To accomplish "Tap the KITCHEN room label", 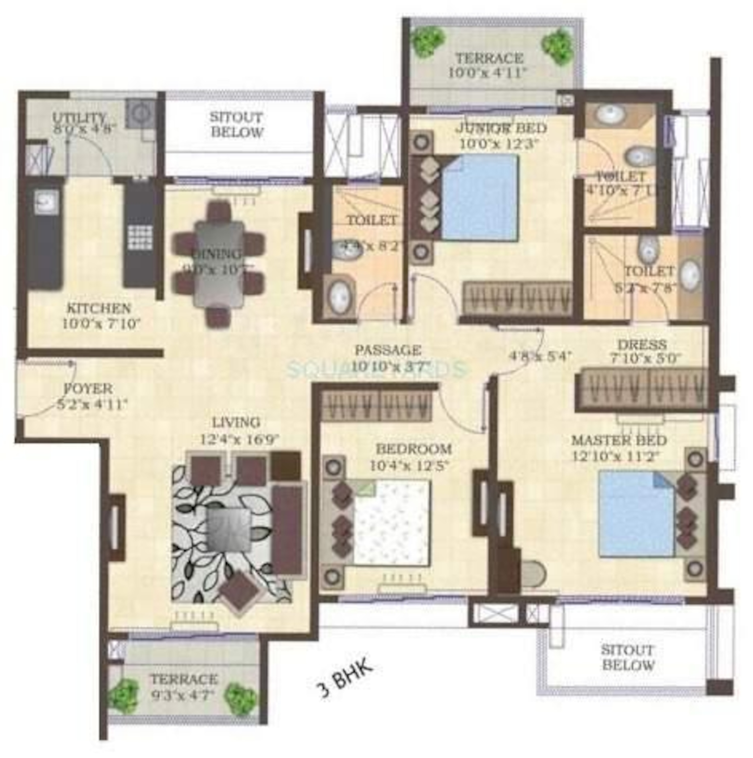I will [99, 308].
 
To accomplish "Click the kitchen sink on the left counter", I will [46, 202].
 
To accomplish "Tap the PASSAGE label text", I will [387, 349].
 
